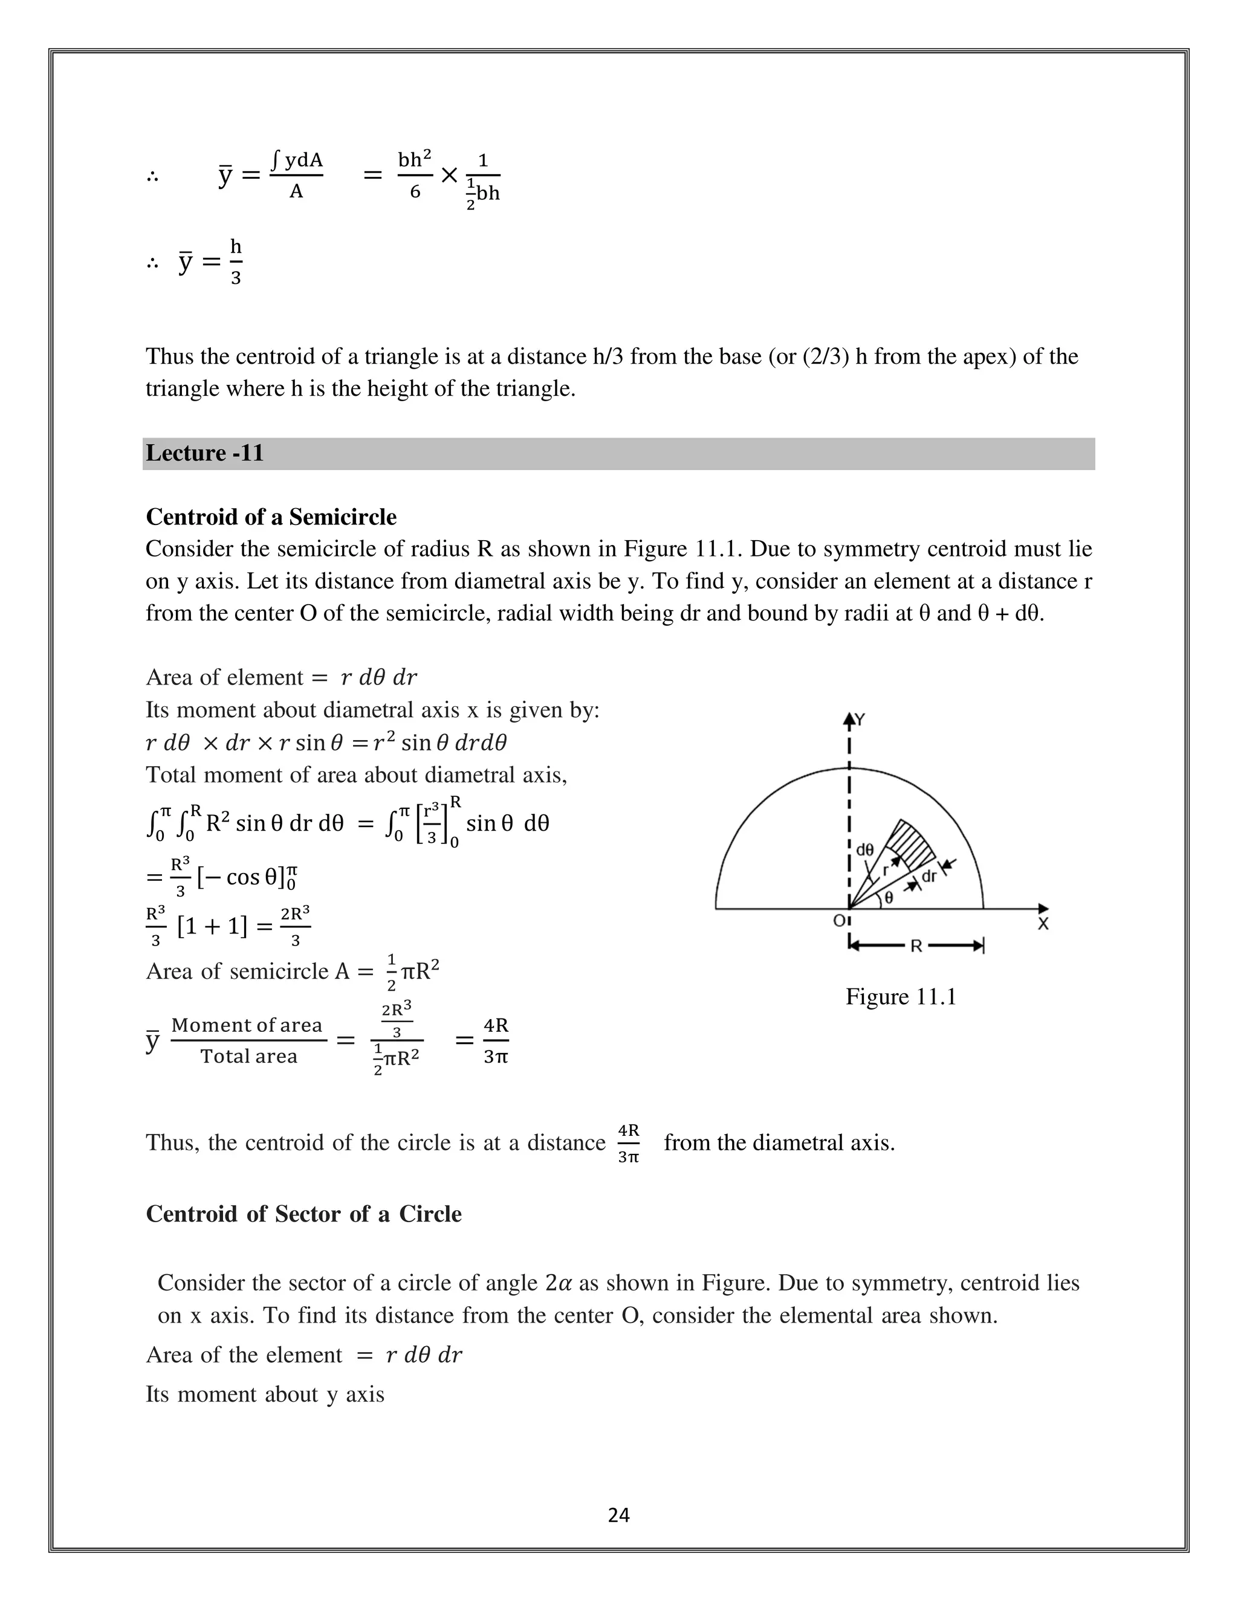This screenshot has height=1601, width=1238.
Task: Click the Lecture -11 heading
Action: [205, 453]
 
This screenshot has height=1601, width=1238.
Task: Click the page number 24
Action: [618, 1515]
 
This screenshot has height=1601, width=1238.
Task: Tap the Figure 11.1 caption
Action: [901, 996]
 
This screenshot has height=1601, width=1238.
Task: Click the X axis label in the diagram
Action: [1043, 925]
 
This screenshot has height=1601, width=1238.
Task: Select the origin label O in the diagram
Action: [838, 921]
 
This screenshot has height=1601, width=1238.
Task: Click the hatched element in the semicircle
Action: [912, 845]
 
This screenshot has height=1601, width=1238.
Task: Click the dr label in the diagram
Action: [928, 876]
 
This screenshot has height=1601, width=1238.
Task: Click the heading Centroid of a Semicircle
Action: [271, 517]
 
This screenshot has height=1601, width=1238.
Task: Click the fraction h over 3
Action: [235, 262]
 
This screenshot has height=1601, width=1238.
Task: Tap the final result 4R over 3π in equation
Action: [496, 1040]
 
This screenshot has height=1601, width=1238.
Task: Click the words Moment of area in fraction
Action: [247, 1025]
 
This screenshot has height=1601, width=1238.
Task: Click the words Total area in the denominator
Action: [248, 1056]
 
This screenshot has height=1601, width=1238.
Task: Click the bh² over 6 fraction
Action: [414, 175]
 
